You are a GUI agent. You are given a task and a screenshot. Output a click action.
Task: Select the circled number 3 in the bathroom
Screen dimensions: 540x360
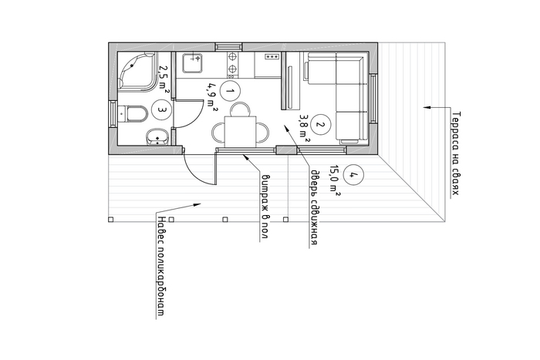point(161,109)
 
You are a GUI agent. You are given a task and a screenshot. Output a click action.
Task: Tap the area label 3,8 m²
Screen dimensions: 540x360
point(303,129)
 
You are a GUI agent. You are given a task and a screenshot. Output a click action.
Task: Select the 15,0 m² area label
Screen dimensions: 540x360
point(334,180)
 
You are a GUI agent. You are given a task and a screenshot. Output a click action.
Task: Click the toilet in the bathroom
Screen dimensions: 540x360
point(133,114)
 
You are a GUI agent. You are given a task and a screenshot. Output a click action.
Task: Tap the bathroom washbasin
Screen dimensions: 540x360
point(157,137)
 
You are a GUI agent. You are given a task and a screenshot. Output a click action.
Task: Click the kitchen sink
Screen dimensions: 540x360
point(192,63)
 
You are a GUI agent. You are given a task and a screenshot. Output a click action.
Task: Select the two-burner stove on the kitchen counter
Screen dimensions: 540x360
point(232,65)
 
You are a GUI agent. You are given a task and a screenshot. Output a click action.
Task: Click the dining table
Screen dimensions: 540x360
point(241,132)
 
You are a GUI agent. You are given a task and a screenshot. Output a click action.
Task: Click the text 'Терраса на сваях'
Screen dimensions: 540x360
point(455,153)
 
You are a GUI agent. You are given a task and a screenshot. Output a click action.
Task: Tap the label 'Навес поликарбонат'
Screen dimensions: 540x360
point(160,266)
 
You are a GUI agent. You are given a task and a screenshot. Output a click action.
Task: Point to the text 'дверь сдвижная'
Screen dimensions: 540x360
point(313,207)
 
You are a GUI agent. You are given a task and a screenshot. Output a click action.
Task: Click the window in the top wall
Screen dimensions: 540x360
point(228,47)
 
